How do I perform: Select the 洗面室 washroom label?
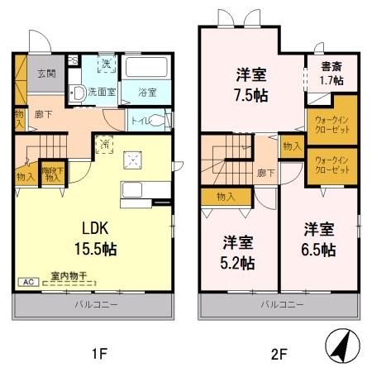(103, 92)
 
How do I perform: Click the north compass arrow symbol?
(339, 346)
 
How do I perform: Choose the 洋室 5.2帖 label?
(237, 253)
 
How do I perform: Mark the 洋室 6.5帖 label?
(317, 238)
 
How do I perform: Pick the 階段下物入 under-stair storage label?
(54, 173)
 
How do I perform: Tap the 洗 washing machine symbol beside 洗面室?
(106, 63)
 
